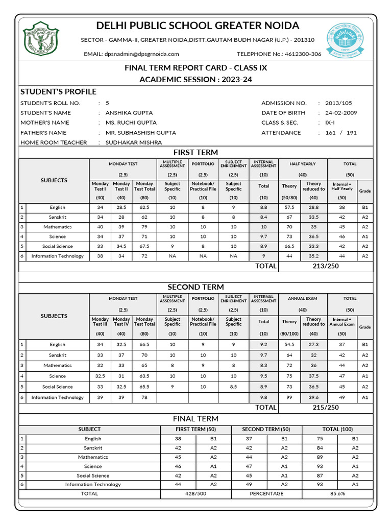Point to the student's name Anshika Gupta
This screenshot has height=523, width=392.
129,113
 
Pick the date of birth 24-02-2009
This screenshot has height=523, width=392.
341,113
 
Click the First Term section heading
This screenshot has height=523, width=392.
195,152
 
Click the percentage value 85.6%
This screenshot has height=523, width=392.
337,494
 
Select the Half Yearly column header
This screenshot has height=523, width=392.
302,164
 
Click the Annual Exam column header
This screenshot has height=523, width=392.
302,299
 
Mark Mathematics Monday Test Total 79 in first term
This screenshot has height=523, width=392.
144,227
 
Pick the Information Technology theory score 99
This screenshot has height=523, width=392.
289,397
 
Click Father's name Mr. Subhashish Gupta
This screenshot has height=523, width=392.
140,133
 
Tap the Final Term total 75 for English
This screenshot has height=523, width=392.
319,439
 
